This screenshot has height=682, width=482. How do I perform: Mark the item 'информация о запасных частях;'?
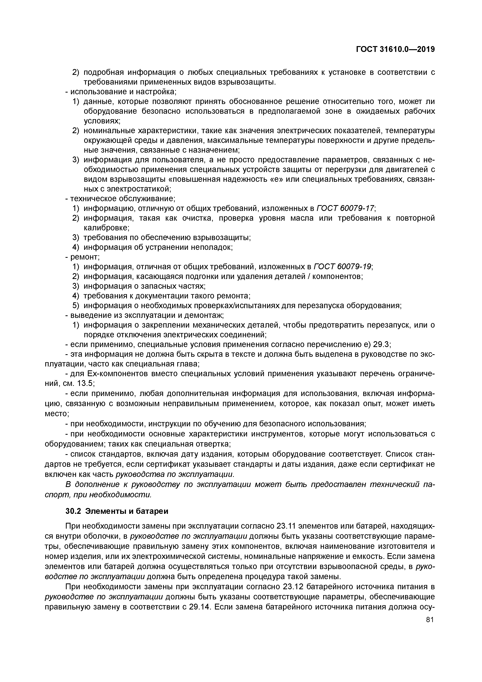[144, 286]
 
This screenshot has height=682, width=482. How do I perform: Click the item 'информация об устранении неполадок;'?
[158, 247]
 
